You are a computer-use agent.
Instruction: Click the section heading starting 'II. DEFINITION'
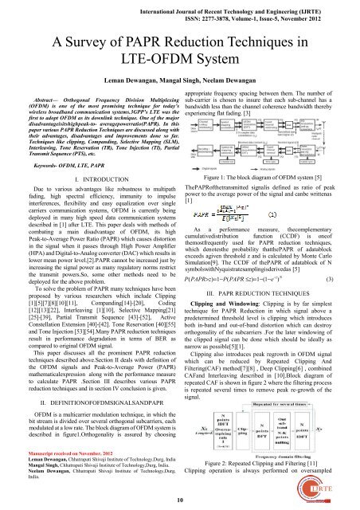[87, 402]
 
